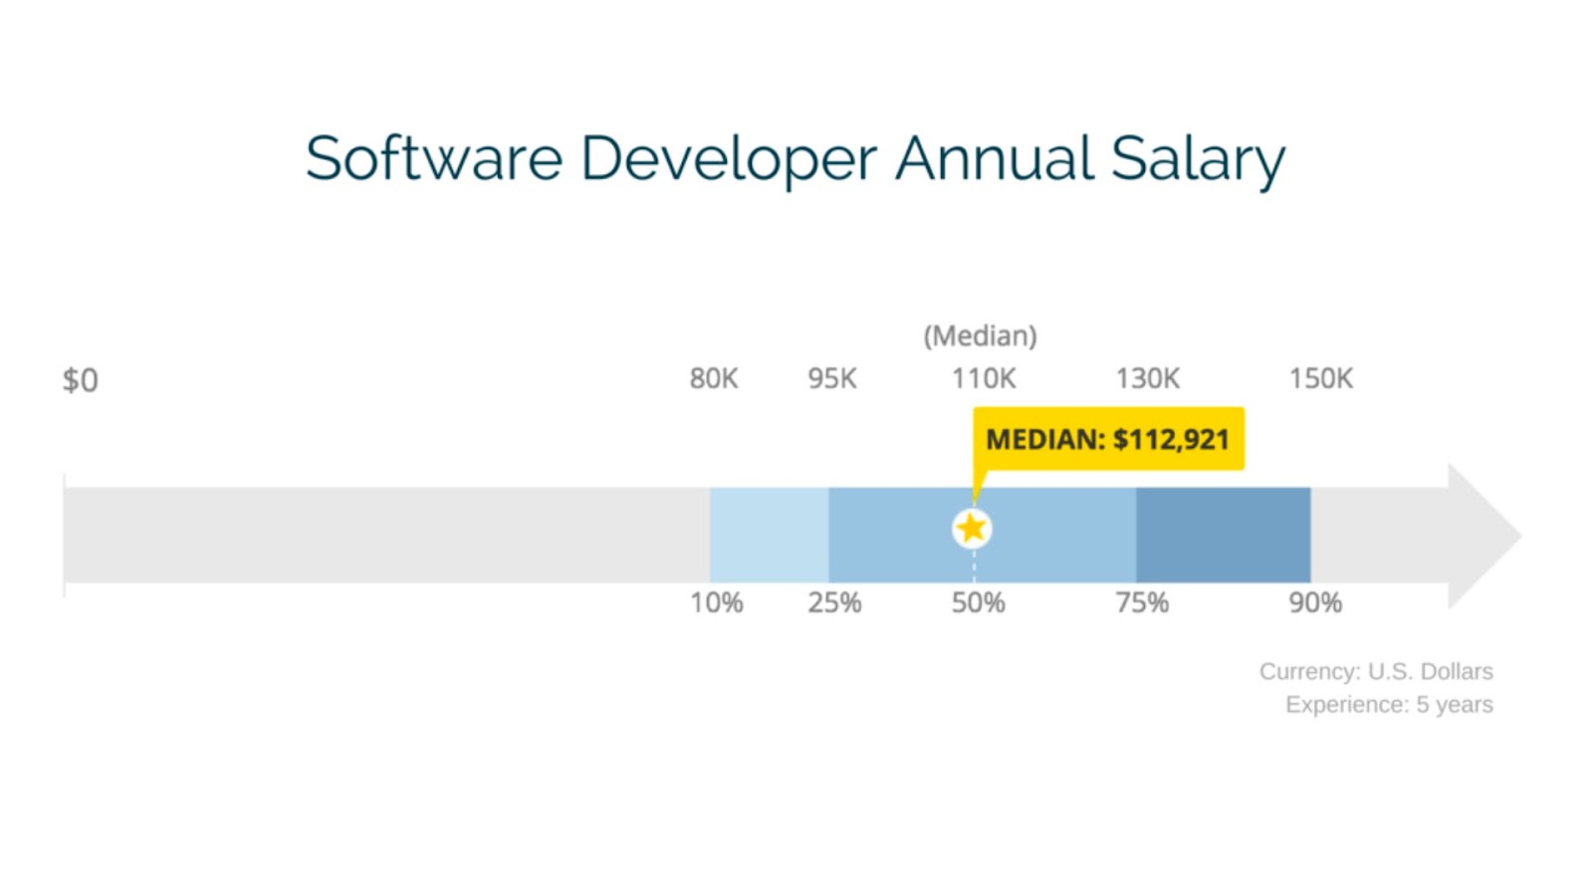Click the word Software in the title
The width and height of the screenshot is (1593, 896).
click(434, 159)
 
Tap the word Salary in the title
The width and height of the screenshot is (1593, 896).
click(1197, 159)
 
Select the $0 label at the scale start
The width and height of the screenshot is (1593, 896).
click(81, 380)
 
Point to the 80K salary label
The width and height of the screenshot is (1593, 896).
click(714, 379)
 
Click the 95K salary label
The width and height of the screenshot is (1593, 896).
click(832, 379)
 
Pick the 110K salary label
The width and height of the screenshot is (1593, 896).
click(984, 379)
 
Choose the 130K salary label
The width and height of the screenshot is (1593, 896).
click(1147, 379)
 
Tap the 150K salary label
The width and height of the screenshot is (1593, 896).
click(1321, 379)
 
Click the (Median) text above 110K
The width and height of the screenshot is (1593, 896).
click(981, 336)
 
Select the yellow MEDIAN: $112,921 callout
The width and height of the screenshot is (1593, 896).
click(1108, 439)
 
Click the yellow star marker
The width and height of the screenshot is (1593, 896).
click(972, 529)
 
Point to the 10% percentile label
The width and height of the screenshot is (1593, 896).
click(717, 603)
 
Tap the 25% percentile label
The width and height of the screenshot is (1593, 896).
click(834, 603)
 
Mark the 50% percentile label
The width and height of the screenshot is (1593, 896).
click(978, 603)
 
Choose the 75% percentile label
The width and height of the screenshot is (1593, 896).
click(1142, 603)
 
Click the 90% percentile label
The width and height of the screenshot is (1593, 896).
click(1315, 603)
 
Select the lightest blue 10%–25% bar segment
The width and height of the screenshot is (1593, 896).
click(769, 536)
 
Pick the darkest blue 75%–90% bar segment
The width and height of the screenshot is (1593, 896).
click(1223, 536)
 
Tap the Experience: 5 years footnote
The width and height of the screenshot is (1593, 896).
click(1389, 705)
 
